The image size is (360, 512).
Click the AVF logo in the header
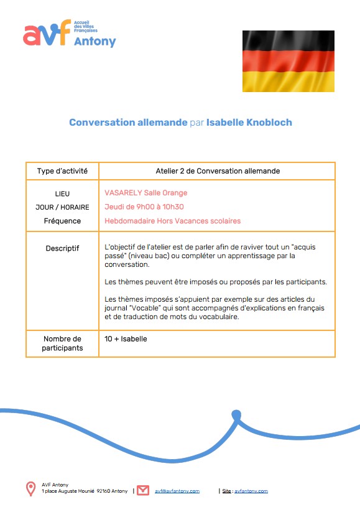click(x=69, y=35)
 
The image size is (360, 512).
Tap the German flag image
click(x=288, y=60)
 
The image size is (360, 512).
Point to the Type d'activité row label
click(x=62, y=171)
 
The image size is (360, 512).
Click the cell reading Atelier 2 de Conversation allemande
click(x=217, y=171)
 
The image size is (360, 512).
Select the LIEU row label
click(x=62, y=193)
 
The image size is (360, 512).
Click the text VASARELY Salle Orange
click(x=146, y=193)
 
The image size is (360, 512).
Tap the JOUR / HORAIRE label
click(x=62, y=207)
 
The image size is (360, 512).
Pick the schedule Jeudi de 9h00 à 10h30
click(x=144, y=207)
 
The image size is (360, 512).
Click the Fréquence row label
click(x=62, y=221)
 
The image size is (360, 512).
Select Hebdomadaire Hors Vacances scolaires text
click(x=173, y=221)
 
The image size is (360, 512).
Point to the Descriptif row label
click(x=62, y=248)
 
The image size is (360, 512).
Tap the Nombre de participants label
click(x=62, y=343)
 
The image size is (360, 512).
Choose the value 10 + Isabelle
click(x=126, y=339)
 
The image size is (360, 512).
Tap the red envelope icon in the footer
click(x=143, y=490)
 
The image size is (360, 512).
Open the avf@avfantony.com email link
click(x=177, y=491)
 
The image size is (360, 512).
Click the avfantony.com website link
click(x=251, y=491)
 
